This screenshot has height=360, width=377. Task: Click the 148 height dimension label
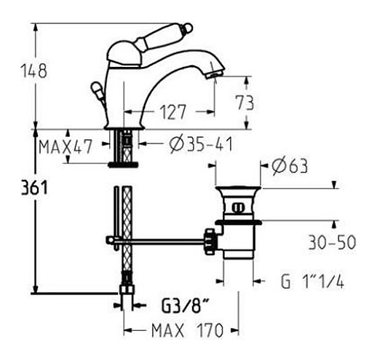(x=34, y=71)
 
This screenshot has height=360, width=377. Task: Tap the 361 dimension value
(x=34, y=188)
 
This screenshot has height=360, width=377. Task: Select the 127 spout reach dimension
(x=173, y=112)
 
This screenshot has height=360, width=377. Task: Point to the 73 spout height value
(x=245, y=103)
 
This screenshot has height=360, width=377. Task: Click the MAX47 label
(x=66, y=146)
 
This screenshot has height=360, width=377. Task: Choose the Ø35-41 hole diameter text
(x=202, y=144)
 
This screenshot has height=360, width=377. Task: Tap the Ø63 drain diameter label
(x=290, y=166)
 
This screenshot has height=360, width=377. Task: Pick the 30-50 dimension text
(x=332, y=242)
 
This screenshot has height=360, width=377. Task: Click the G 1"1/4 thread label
(x=312, y=281)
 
